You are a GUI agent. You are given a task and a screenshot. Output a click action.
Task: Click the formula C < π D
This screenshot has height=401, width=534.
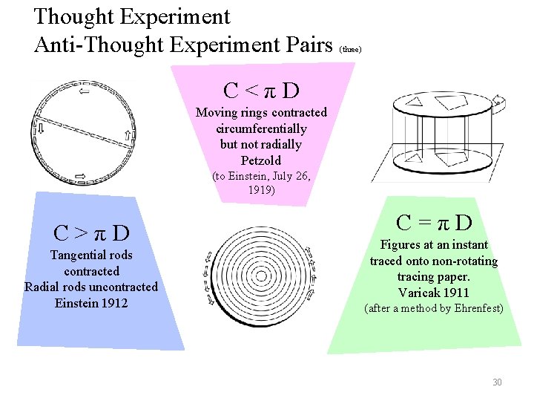coord(261,91)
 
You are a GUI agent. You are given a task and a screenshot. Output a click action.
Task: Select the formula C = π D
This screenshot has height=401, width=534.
coord(434,222)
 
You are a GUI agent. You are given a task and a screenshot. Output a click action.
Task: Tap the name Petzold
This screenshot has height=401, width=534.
coord(261,160)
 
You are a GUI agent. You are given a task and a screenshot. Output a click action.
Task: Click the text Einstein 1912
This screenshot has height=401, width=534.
coord(91,302)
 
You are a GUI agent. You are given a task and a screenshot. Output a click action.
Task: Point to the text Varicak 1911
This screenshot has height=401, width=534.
coord(434,292)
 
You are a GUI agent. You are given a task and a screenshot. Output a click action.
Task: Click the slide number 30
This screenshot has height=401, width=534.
coord(497,382)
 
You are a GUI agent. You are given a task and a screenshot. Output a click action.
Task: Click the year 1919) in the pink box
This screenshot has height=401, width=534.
coord(261,189)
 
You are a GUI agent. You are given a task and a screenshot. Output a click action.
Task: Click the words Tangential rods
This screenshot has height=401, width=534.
coord(91,255)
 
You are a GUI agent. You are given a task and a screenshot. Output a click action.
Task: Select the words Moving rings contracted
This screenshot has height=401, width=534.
coord(261,113)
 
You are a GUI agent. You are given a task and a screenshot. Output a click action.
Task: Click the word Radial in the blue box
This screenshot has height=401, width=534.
coord(42,287)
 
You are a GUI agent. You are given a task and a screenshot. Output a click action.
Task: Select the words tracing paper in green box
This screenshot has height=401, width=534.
coord(434,276)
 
